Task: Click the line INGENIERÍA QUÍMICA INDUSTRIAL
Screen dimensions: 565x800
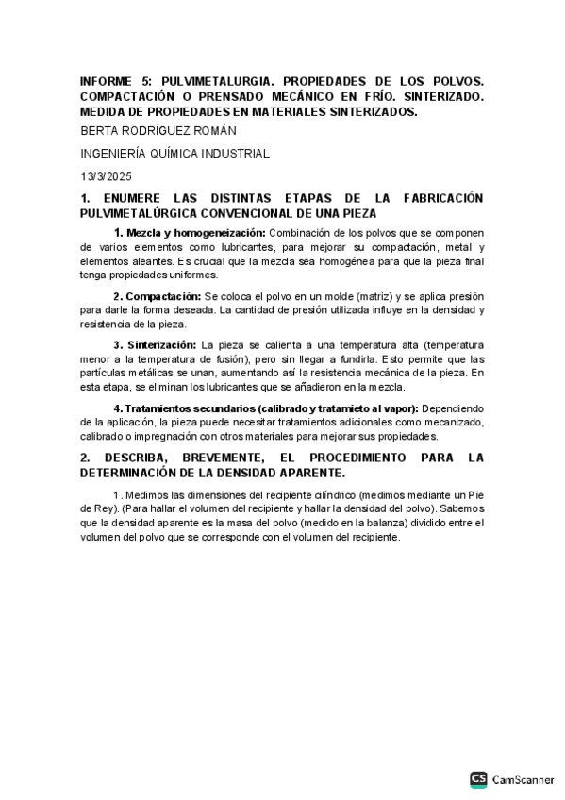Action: point(175,153)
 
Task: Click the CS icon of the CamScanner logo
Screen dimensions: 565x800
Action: point(478,779)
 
